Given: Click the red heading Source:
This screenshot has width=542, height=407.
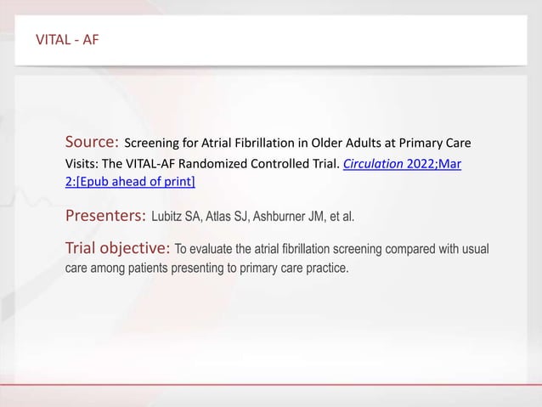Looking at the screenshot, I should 92,141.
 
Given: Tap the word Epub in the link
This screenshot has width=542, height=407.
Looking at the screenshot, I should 96,182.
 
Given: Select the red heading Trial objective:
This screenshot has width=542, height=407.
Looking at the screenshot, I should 118,249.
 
